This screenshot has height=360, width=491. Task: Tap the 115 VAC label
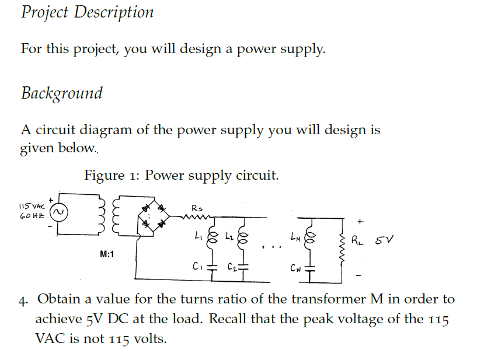pos(31,206)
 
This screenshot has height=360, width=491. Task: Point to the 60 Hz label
pos(31,216)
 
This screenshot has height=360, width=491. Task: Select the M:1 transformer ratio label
pos(107,254)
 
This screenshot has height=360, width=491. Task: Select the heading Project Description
pos(88,12)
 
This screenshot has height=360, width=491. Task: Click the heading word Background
pos(62,93)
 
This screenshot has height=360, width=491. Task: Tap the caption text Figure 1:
pos(111,175)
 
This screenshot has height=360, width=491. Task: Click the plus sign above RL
pos(360,221)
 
